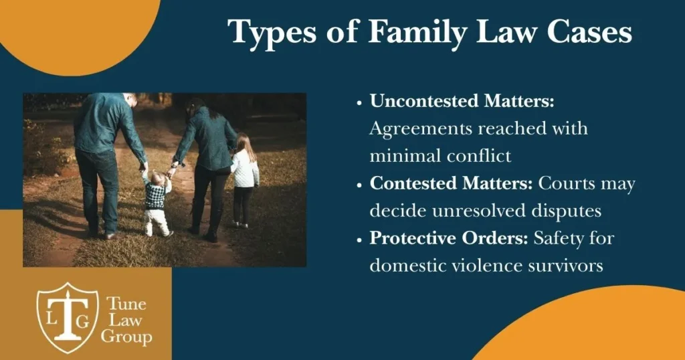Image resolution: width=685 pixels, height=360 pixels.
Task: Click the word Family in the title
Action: click(418, 33)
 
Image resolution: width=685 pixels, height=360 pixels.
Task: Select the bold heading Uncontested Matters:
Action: click(462, 101)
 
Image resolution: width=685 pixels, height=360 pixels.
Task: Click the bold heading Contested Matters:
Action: click(452, 183)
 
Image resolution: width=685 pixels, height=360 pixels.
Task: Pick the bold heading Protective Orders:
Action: click(449, 238)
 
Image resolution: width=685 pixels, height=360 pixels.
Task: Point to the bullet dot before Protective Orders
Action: click(359, 240)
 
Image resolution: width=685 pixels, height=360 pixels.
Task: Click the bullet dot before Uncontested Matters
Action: click(359, 103)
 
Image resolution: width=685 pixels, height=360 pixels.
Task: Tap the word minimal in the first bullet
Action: click(403, 156)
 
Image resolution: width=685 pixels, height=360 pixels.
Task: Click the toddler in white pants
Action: click(156, 203)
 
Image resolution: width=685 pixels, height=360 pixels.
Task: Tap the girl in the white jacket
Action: click(245, 181)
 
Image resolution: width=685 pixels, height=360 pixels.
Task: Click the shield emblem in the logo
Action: click(68, 318)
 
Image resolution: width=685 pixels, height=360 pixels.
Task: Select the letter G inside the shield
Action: click(82, 321)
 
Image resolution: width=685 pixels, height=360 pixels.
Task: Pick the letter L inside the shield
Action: click(52, 319)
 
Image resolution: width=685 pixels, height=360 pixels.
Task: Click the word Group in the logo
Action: click(126, 337)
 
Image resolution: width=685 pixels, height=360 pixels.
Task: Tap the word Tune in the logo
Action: click(126, 303)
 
